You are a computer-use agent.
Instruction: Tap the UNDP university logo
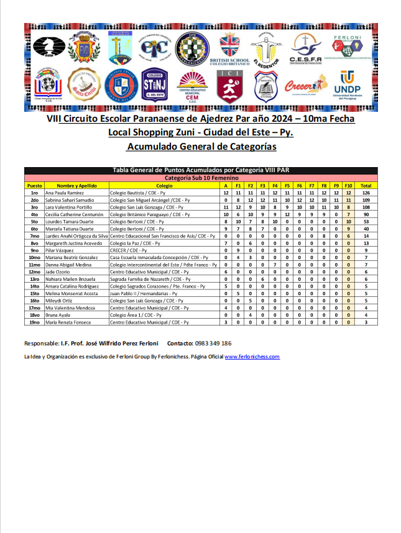pos(348,86)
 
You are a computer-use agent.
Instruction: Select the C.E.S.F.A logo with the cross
pos(305,47)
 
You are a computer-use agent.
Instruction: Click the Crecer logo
pos(305,86)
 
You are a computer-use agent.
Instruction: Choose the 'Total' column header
pos(366,185)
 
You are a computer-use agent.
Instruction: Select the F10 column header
pos(348,185)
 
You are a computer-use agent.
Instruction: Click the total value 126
pos(366,193)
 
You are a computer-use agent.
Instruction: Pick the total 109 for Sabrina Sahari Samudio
pos(366,200)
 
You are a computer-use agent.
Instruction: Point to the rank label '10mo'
pos(35,257)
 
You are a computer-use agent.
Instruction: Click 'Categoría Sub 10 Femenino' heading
pos(200,178)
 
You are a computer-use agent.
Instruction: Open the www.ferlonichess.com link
pos(252,357)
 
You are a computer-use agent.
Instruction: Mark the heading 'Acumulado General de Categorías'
pos(200,147)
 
